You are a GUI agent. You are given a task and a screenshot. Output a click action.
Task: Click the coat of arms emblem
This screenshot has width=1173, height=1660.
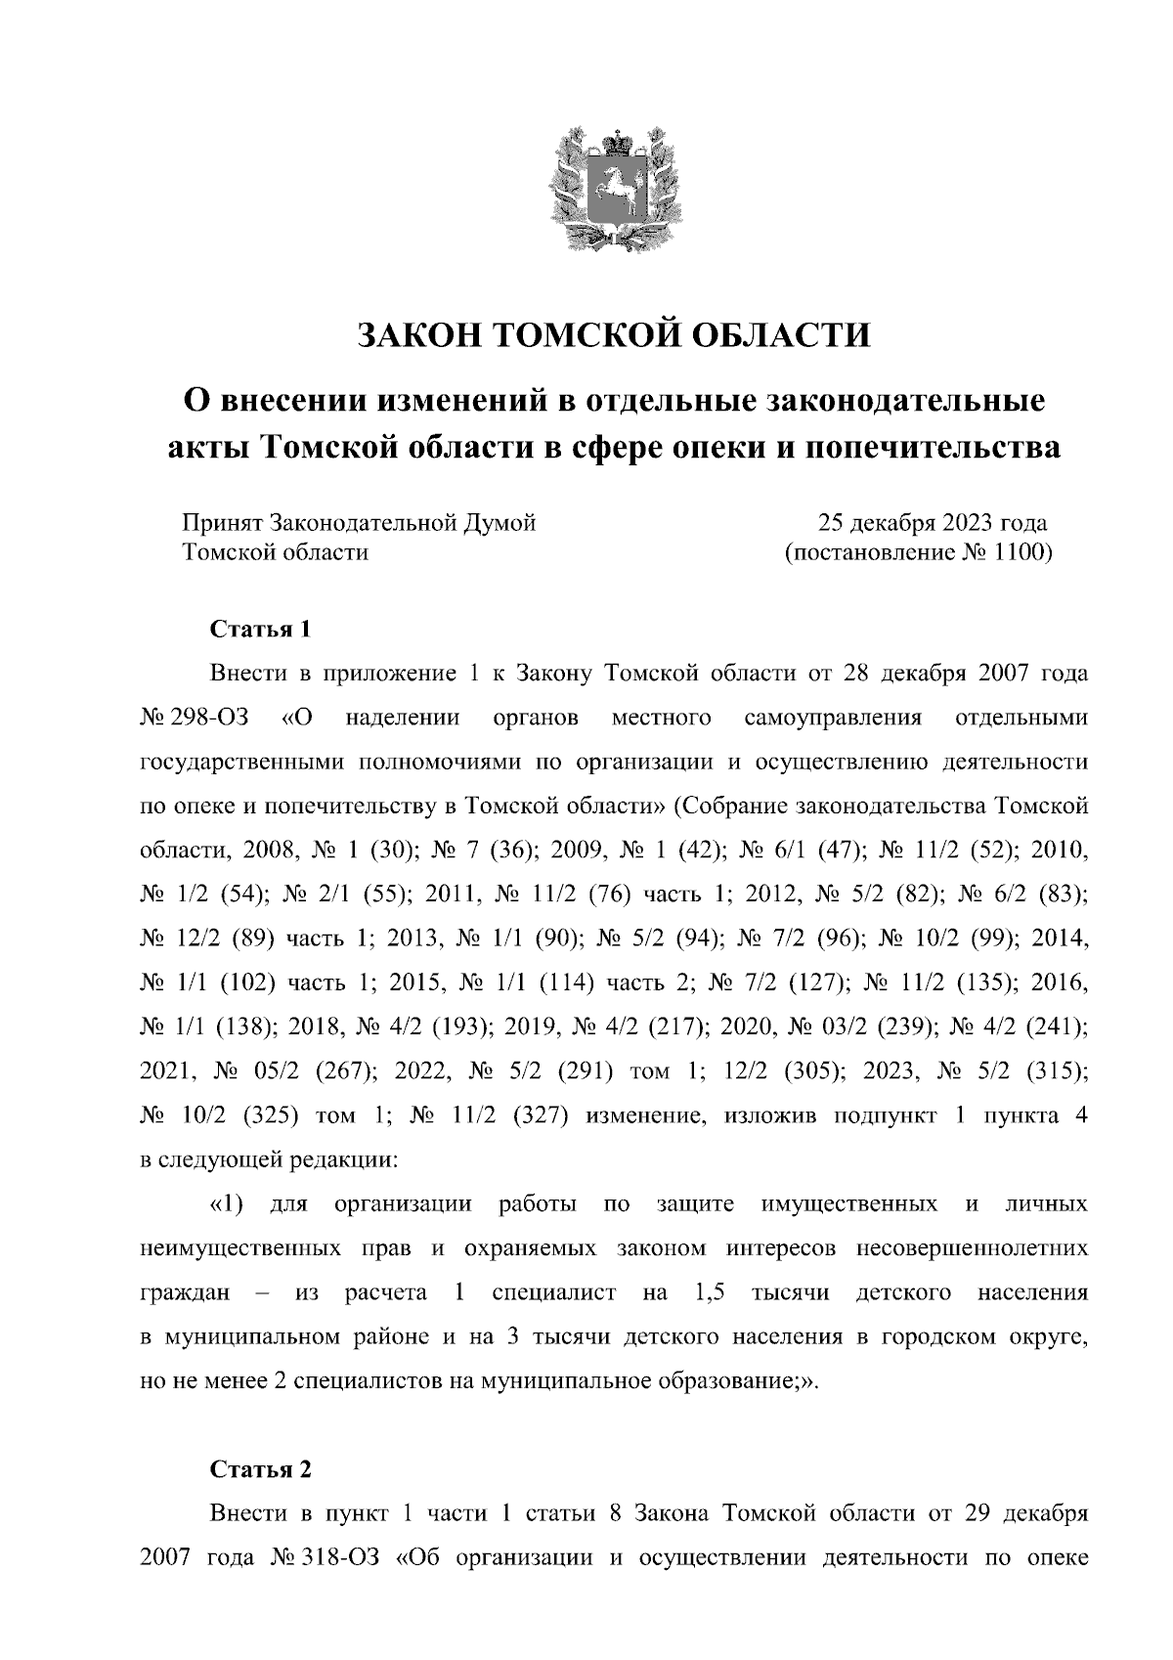pos(613,194)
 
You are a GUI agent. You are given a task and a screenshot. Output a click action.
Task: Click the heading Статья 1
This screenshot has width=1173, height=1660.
pos(261,629)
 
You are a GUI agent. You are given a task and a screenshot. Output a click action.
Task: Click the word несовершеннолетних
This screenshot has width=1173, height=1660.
pos(972,1249)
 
